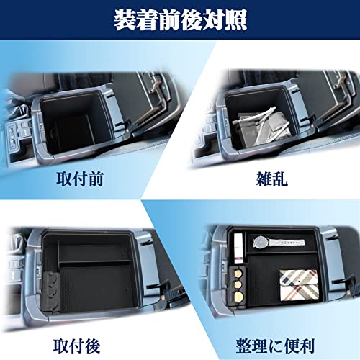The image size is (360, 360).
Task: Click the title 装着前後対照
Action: pyautogui.click(x=180, y=20)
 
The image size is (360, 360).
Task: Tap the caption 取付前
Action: pyautogui.click(x=80, y=179)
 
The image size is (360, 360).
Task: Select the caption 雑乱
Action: pyautogui.click(x=271, y=179)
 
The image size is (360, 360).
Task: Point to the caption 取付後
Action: pyautogui.click(x=76, y=346)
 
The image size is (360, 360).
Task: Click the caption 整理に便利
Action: pyautogui.click(x=275, y=346)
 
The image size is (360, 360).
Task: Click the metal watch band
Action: pyautogui.click(x=286, y=243)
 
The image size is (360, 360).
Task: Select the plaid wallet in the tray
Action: pyautogui.click(x=300, y=284)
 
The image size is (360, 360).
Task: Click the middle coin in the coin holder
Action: pyautogui.click(x=238, y=284)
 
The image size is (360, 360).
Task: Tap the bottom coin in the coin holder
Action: pyautogui.click(x=238, y=296)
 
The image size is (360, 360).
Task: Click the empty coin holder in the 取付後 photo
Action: pyautogui.click(x=51, y=290)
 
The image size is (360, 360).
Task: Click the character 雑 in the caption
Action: pyautogui.click(x=264, y=179)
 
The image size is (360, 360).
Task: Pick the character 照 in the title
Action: pyautogui.click(x=236, y=20)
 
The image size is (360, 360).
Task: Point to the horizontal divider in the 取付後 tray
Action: pyautogui.click(x=95, y=262)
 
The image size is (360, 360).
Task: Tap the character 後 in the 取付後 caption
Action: pyautogui.click(x=92, y=346)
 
